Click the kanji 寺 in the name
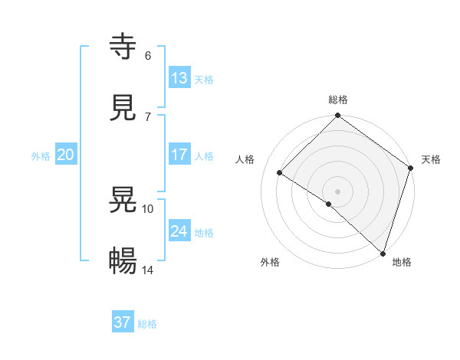coord(123,47)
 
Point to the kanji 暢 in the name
coord(123,261)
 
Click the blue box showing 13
coord(179,78)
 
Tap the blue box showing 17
coord(179,155)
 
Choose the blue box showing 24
coord(179,231)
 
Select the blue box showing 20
coord(66,155)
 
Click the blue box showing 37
coord(123,322)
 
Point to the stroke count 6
coord(148,55)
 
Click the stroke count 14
coord(148,270)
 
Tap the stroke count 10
coord(148,208)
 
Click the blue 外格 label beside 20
coord(41,156)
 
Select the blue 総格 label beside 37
coord(147,324)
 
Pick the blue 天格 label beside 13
coord(204,80)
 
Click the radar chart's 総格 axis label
coord(338,100)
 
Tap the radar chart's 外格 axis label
coord(270,262)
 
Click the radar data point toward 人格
coord(280,173)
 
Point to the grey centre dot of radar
coord(338,191)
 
